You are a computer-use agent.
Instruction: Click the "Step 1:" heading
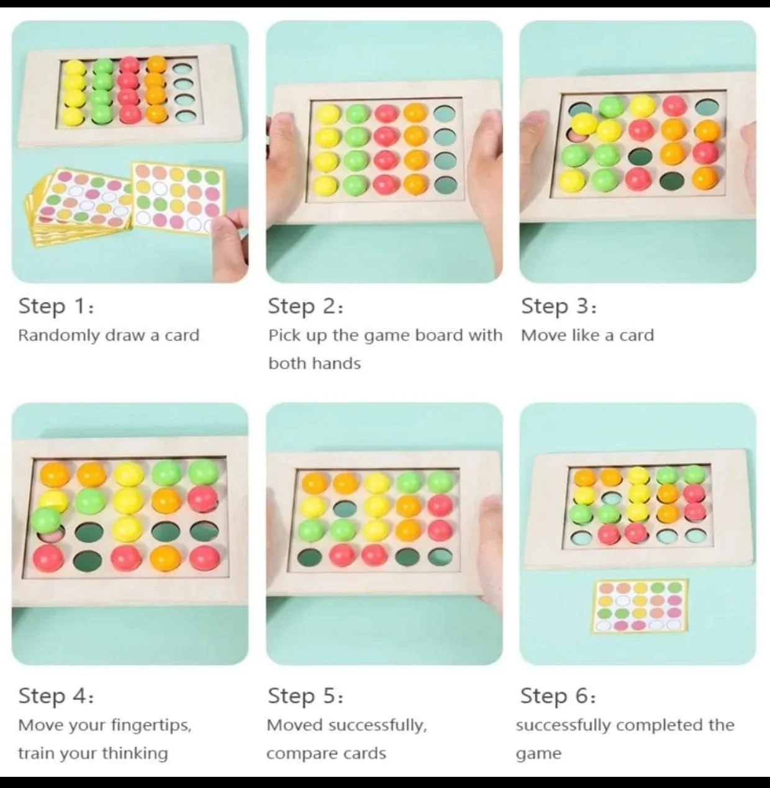point(57,306)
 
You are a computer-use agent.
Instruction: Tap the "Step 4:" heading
point(57,697)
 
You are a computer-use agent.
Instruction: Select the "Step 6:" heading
point(558,697)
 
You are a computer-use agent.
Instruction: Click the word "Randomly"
point(59,336)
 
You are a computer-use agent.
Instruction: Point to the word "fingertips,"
point(151,725)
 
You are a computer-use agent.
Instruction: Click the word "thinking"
point(135,754)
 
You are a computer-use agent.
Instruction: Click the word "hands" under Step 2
point(337,364)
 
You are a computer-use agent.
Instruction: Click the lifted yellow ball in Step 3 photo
point(584,124)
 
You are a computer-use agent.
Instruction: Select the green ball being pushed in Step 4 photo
point(46,520)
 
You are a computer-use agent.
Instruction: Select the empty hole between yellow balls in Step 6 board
point(611,498)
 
